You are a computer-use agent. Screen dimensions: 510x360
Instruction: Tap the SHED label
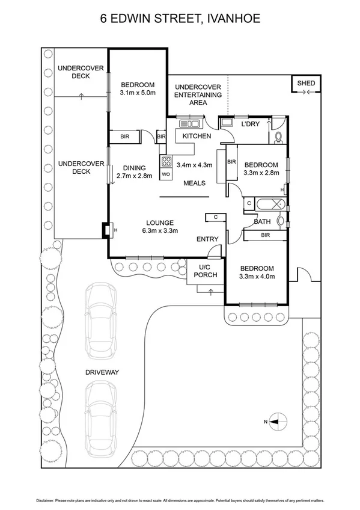tap(307, 83)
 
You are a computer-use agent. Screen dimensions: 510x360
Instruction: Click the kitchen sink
tap(189, 124)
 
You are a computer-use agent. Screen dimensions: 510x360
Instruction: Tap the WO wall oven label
tap(166, 174)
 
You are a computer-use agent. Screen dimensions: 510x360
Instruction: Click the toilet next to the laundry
tap(278, 137)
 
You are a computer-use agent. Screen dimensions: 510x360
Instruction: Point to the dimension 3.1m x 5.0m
tap(138, 93)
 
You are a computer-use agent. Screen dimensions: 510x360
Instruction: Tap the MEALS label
tap(195, 183)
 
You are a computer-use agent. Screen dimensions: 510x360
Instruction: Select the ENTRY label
tap(207, 239)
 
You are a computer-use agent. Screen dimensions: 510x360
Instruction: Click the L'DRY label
tap(249, 124)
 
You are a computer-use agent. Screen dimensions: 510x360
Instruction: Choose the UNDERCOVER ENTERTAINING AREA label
tap(198, 94)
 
